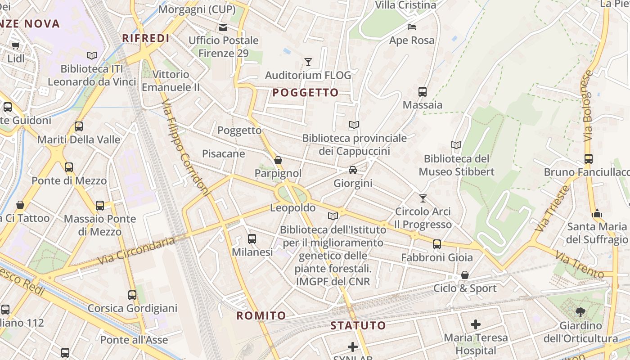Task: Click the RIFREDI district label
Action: [x=146, y=38]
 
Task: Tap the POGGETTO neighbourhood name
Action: [x=306, y=93]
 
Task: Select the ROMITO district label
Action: [x=261, y=315]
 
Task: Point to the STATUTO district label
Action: [x=358, y=325]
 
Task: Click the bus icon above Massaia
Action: [x=422, y=92]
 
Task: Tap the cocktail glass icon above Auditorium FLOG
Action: [x=308, y=62]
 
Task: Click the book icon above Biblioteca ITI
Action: [x=92, y=55]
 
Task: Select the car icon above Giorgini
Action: [x=353, y=170]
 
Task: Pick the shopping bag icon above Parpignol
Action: [x=278, y=160]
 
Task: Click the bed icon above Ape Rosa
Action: [x=411, y=27]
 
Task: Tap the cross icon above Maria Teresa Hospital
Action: [x=476, y=324]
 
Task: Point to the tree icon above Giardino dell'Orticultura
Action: [x=580, y=312]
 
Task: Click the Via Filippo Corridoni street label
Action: [x=185, y=148]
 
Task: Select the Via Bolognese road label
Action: [x=589, y=106]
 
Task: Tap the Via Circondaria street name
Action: [x=135, y=251]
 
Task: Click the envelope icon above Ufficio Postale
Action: [x=223, y=27]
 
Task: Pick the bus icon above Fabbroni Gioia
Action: [x=436, y=244]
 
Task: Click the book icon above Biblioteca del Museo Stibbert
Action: [x=456, y=145]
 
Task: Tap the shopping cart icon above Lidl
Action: [x=16, y=45]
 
